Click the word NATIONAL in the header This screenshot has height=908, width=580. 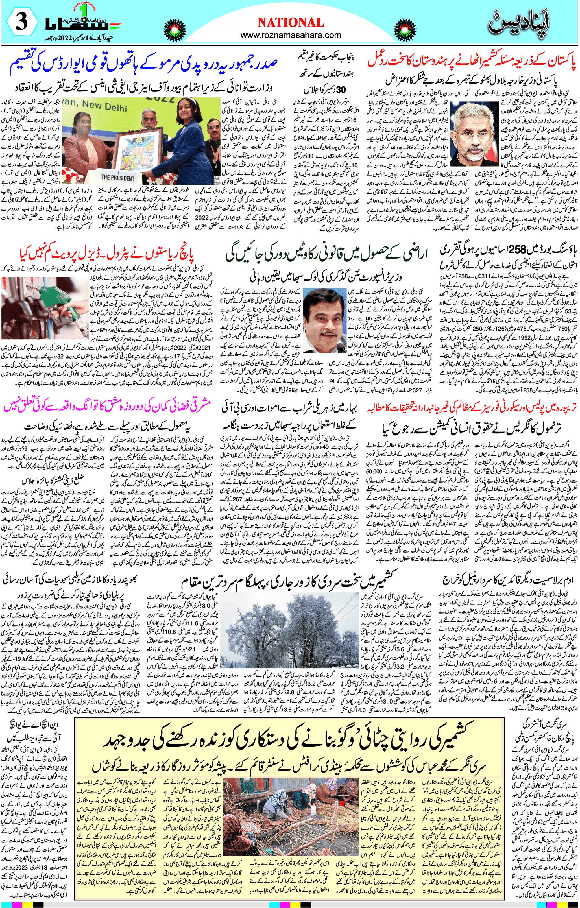(290, 23)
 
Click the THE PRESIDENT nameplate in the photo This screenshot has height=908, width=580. (117, 178)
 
